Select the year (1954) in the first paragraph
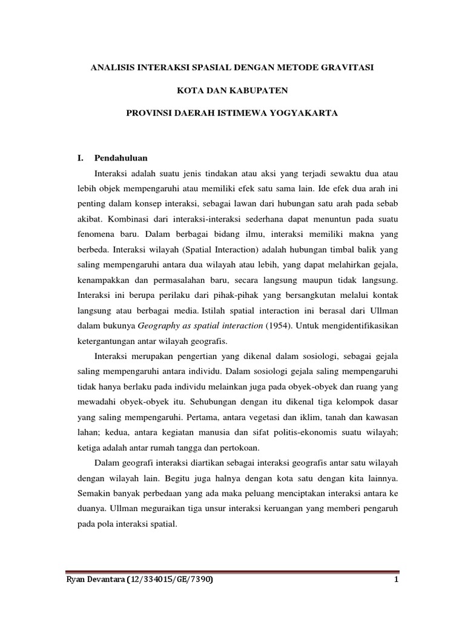279,325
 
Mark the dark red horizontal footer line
232,571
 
